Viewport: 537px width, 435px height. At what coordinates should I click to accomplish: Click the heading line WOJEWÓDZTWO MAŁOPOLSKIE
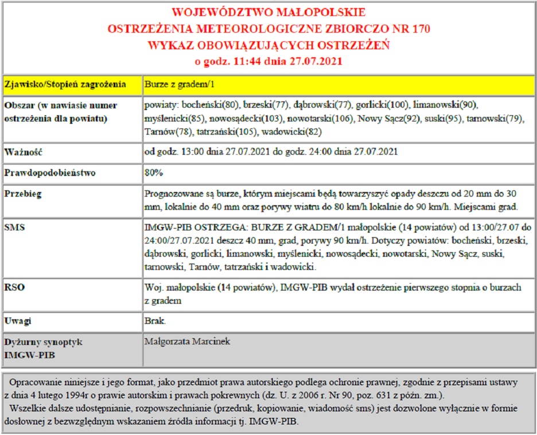(268, 13)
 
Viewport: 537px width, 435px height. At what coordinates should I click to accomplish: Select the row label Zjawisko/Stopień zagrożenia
(65, 85)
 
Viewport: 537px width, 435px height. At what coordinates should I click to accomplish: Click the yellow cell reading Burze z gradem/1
(179, 85)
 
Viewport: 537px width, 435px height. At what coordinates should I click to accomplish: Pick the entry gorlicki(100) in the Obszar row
(379, 105)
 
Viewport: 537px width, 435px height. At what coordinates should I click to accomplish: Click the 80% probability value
(154, 172)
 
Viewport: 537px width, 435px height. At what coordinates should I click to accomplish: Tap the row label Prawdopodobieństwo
(50, 172)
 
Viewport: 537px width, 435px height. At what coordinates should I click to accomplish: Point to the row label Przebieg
(23, 194)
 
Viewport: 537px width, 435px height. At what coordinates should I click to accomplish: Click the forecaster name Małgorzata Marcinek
(187, 342)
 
